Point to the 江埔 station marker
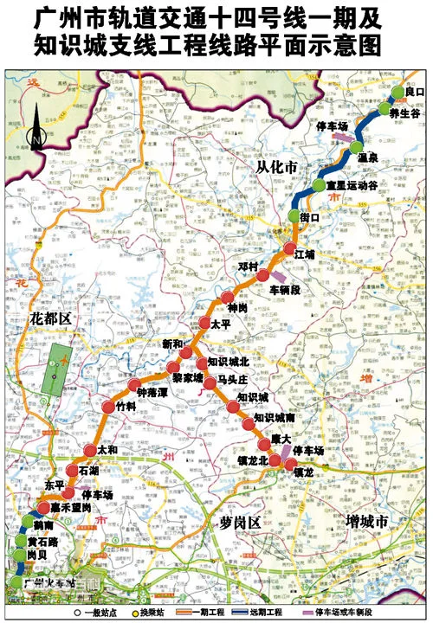288,249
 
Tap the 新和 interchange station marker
185,352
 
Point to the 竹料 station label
127,405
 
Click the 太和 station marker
90,450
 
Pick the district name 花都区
49,318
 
